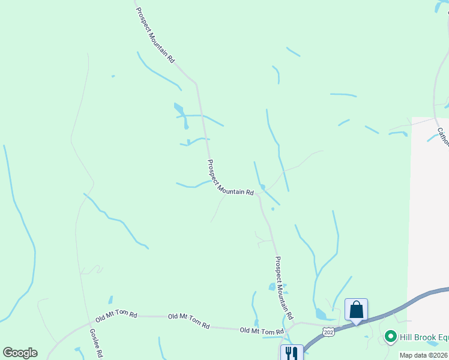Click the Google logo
pyautogui.click(x=20, y=353)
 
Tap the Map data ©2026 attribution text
pyautogui.click(x=424, y=355)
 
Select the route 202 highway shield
pyautogui.click(x=328, y=332)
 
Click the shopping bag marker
pyautogui.click(x=356, y=310)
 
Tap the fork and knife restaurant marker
pyautogui.click(x=292, y=353)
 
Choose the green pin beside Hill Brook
pyautogui.click(x=391, y=337)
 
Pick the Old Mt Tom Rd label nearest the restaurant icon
pyautogui.click(x=261, y=331)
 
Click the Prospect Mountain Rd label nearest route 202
pyautogui.click(x=283, y=288)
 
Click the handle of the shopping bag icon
pyautogui.click(x=356, y=305)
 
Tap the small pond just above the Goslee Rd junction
pyautogui.click(x=110, y=299)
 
